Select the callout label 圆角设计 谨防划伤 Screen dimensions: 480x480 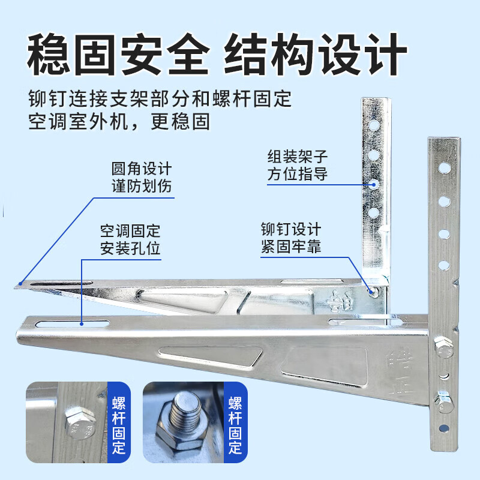pos(142,177)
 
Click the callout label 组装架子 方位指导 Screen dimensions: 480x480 pos(298,166)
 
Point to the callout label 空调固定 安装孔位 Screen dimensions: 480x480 pos(130,239)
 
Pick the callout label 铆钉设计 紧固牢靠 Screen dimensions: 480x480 pos(291,239)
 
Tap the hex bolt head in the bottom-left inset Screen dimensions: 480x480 pos(77,424)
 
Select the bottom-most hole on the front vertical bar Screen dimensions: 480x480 pos(443,428)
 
